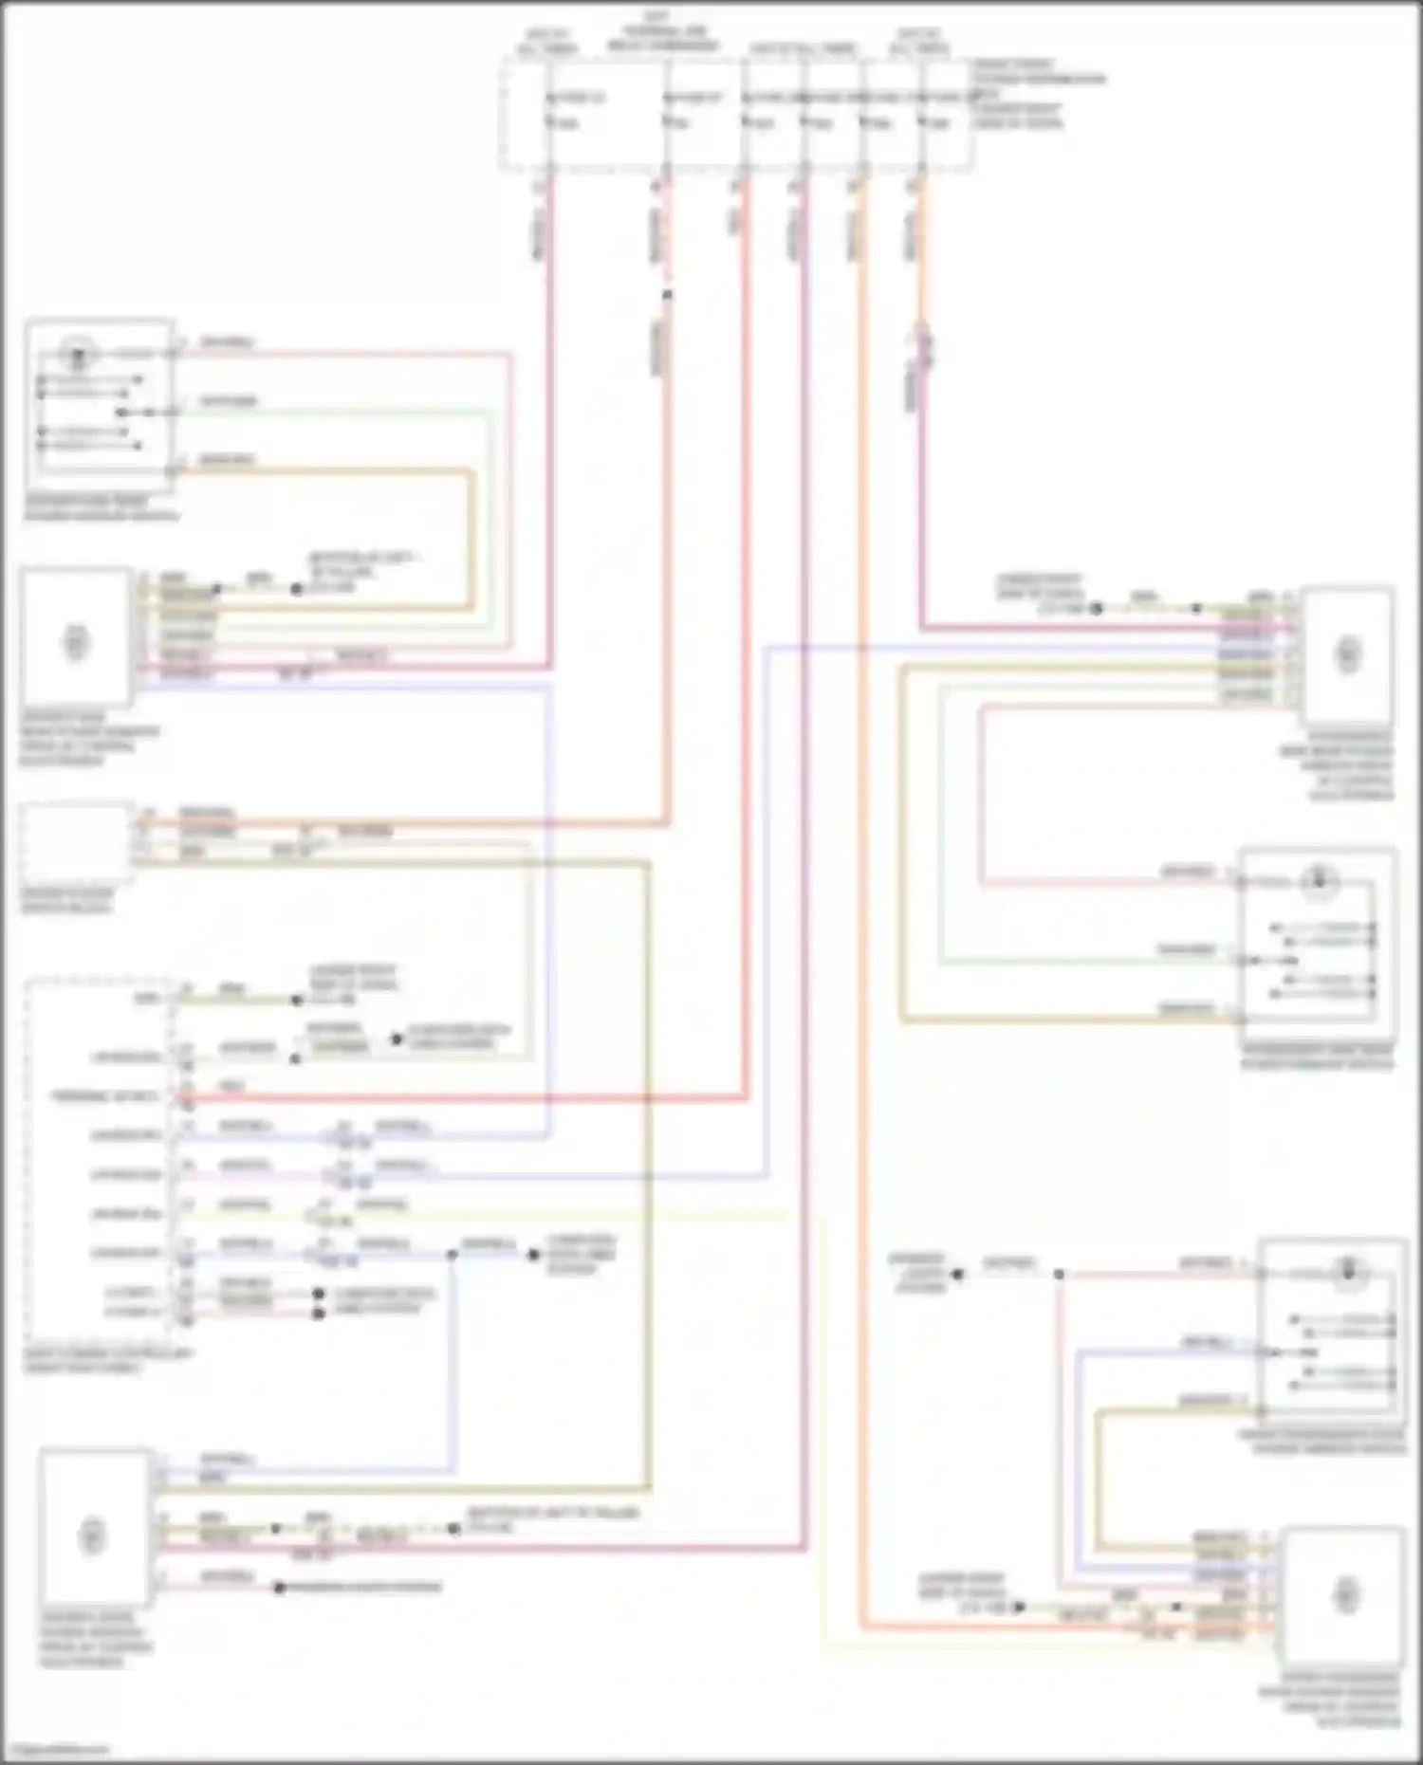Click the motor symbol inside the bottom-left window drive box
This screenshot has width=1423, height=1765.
92,1535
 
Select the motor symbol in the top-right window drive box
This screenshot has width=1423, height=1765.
1347,653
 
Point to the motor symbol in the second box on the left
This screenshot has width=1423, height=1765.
76,642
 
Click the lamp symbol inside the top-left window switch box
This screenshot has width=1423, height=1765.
78,356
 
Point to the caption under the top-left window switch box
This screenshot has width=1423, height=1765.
101,508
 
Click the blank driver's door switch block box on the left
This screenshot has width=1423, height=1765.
76,840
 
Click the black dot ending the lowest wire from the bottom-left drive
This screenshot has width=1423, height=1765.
280,1588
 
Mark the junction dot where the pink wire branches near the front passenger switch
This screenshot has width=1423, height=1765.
1059,1275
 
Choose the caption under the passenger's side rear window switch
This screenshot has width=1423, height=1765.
1318,1057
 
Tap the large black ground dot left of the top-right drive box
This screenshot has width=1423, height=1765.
1096,609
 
